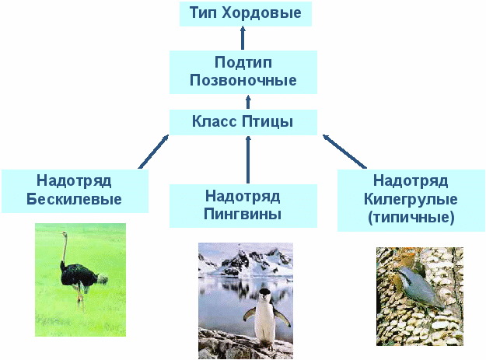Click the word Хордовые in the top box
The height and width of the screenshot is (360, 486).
[x=261, y=13]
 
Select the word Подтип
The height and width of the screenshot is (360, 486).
[x=243, y=62]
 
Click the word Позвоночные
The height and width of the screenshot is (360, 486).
[x=243, y=81]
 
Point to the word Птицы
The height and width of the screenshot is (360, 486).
[x=267, y=122]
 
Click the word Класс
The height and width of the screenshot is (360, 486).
[x=214, y=121]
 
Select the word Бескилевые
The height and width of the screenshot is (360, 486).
[x=74, y=199]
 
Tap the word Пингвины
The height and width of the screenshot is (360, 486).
[x=243, y=215]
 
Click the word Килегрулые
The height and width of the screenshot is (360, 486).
[x=411, y=200]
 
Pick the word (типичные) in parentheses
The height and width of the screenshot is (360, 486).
[x=411, y=218]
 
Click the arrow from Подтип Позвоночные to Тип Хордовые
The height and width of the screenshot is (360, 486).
[x=243, y=38]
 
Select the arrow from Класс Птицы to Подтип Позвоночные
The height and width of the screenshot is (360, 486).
[x=248, y=102]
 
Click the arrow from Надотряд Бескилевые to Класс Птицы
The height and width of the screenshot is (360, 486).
[x=153, y=152]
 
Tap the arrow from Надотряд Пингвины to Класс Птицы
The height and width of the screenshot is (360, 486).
[x=248, y=159]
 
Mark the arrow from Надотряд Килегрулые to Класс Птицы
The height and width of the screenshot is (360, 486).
[x=344, y=152]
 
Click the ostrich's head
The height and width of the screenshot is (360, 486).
[x=64, y=234]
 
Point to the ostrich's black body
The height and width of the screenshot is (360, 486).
[x=78, y=274]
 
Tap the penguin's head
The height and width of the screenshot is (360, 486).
[x=265, y=295]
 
